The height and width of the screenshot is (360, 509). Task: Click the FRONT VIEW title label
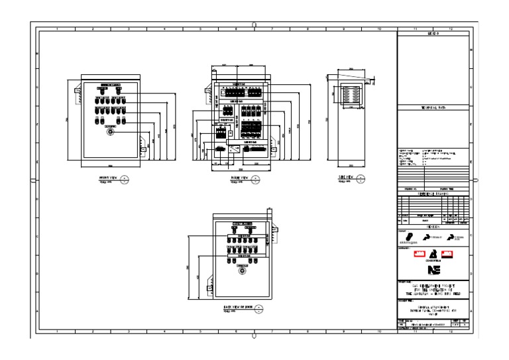pos(107,178)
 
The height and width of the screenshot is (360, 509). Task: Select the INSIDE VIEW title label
pos(238,178)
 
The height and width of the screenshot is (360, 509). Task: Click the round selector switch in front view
pos(110,132)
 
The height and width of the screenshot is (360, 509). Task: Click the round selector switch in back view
pos(242,270)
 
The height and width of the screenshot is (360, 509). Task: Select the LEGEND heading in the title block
pos(433,33)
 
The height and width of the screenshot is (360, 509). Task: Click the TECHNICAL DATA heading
pos(433,107)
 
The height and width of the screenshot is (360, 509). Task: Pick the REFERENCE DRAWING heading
pos(433,193)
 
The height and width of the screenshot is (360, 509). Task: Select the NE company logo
pos(433,270)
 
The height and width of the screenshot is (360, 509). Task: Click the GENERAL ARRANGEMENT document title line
pos(433,306)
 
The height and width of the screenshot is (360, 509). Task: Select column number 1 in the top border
pos(57,30)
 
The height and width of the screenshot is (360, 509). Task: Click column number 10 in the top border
pos(379,30)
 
